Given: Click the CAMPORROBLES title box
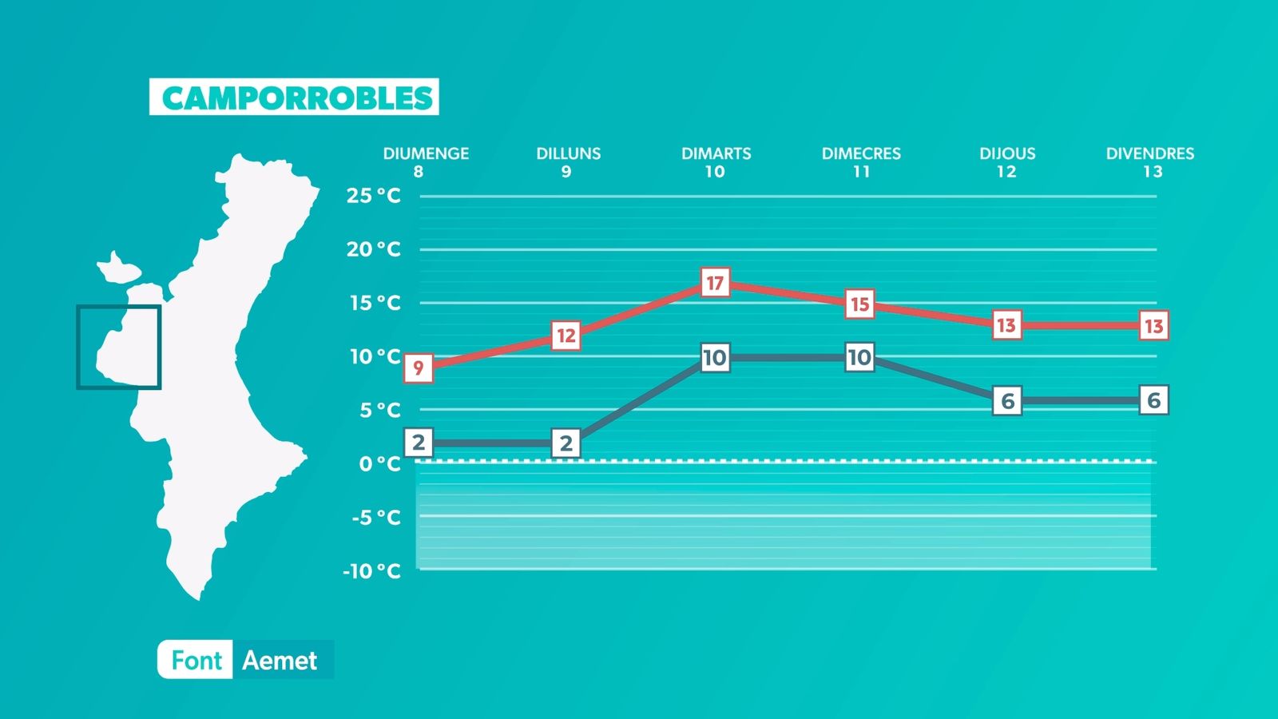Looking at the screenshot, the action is (x=294, y=97).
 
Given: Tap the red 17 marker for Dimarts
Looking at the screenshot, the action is (x=715, y=283).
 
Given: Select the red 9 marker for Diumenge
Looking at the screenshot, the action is (x=419, y=368).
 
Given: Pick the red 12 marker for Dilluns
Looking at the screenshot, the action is (x=566, y=335).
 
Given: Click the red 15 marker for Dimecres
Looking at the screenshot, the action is (x=859, y=304).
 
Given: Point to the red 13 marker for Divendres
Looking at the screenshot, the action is (x=1153, y=326).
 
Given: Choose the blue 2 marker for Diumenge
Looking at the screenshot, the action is (x=419, y=443).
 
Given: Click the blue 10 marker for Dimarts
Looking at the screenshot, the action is (x=715, y=358).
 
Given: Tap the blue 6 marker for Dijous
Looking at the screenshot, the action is (x=1007, y=400).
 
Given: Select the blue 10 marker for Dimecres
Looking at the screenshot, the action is (x=859, y=357).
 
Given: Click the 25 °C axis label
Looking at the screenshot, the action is (x=374, y=196).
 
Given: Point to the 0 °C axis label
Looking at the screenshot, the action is (x=380, y=464).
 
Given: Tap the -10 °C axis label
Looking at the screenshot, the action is (x=372, y=570).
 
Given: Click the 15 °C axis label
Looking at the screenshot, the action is (x=375, y=303).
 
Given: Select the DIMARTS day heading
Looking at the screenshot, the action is (x=716, y=153).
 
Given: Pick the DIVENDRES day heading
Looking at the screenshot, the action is (x=1150, y=153).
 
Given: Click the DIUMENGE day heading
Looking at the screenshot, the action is (x=427, y=153).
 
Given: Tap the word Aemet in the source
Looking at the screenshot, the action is (x=280, y=660).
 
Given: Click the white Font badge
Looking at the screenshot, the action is (x=195, y=660).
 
